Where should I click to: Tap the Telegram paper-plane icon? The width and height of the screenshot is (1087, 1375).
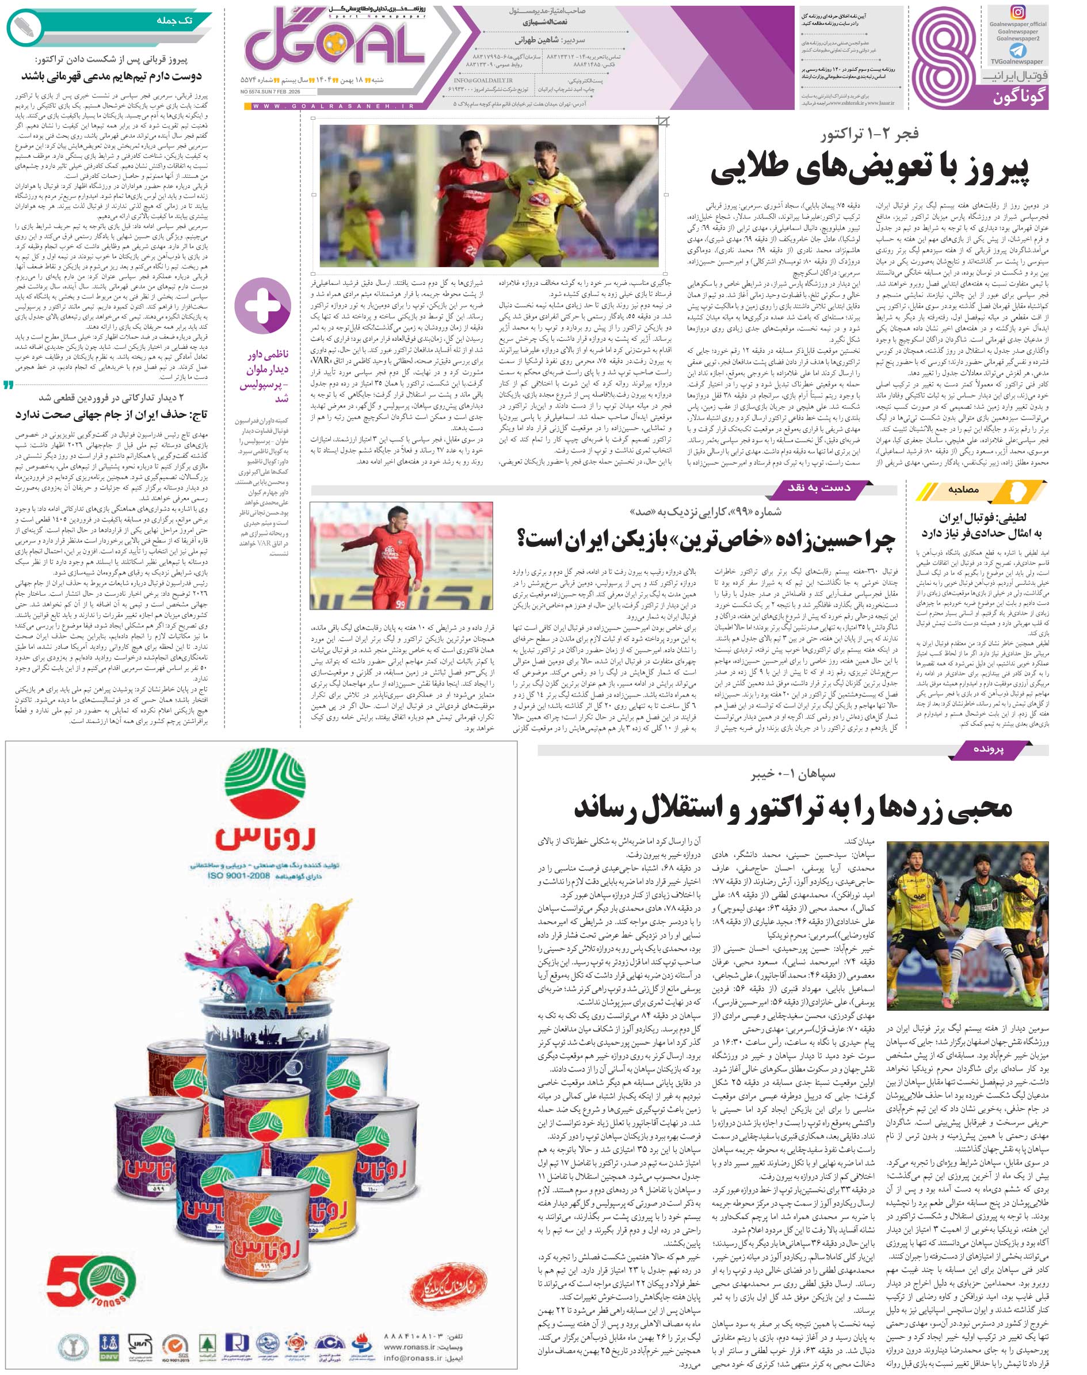(1017, 50)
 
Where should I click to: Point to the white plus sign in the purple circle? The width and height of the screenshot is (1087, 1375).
(263, 306)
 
